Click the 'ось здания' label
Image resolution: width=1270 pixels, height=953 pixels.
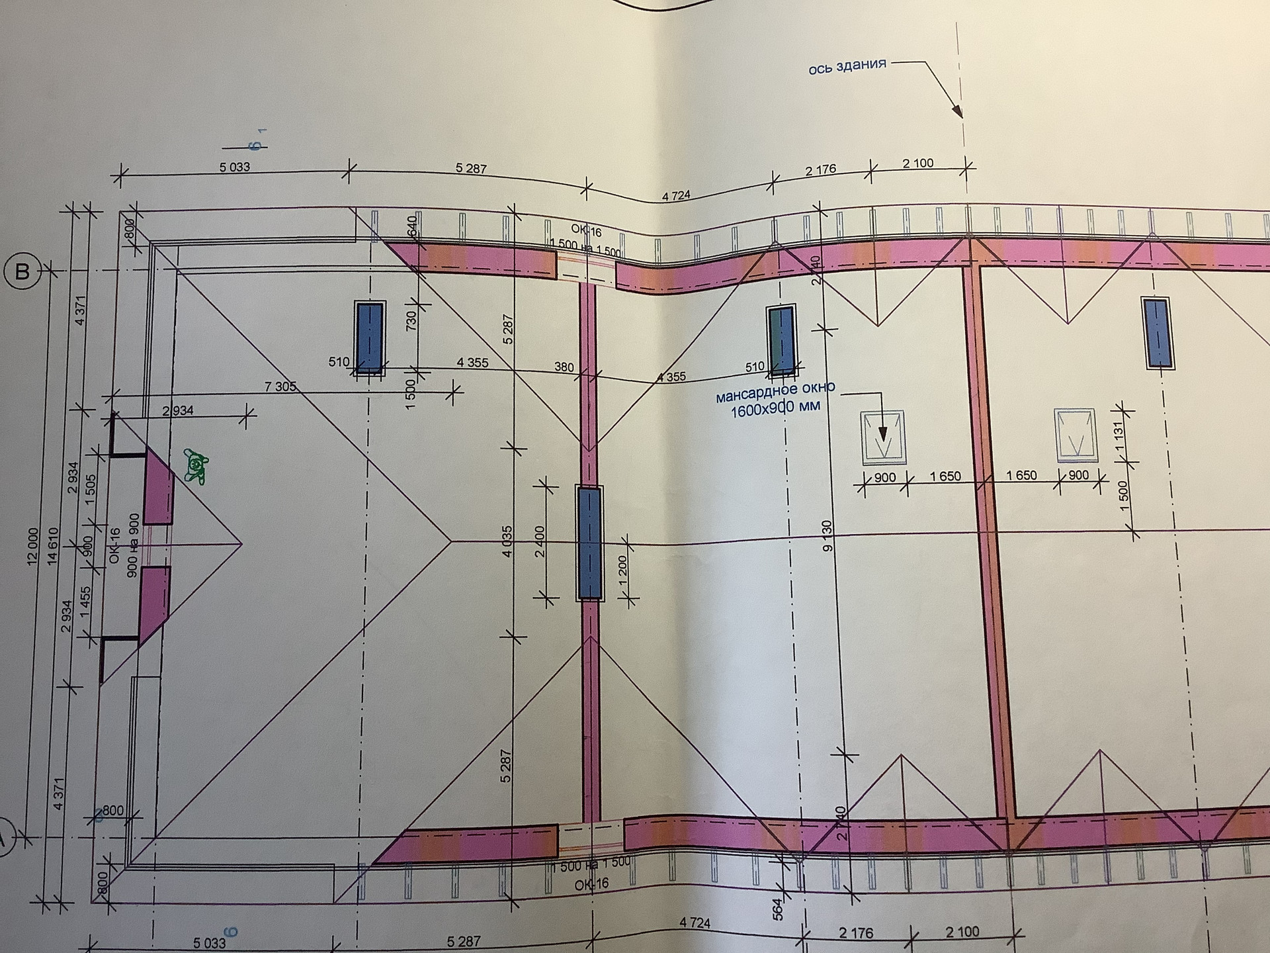(x=847, y=67)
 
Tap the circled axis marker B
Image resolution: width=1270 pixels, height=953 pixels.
(x=22, y=271)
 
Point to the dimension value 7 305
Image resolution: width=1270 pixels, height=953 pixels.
(x=280, y=386)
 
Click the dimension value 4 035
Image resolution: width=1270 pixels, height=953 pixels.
(x=507, y=541)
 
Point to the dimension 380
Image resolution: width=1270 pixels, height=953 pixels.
(x=564, y=367)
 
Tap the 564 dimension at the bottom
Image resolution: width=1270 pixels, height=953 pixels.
(x=778, y=909)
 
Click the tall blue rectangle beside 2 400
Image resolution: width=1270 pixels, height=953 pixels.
(x=589, y=543)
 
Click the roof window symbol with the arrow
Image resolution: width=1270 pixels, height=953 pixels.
(x=882, y=436)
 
